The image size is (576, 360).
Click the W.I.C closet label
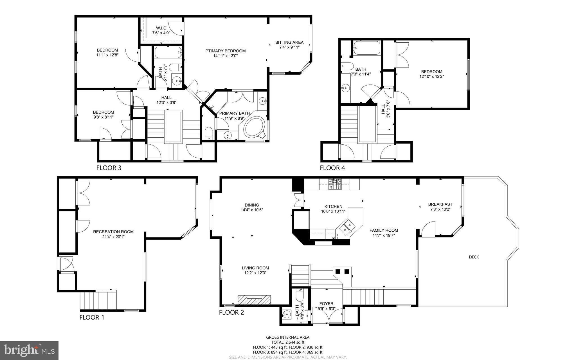[161, 28]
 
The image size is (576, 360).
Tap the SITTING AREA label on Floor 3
[289, 43]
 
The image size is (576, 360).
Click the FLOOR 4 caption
[332, 168]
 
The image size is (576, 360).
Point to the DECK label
[474, 257]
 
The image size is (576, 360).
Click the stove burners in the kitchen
[335, 184]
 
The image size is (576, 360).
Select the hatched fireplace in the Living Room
[254, 300]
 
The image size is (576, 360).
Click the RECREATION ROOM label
[113, 232]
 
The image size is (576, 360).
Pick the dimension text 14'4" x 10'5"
[252, 210]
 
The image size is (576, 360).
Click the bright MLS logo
[29, 350]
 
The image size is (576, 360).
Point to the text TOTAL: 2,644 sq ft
[287, 342]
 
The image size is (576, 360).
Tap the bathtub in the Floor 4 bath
[367, 48]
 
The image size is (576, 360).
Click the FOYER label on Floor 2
[326, 304]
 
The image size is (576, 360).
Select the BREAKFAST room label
[440, 204]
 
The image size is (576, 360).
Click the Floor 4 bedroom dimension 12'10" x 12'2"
[431, 76]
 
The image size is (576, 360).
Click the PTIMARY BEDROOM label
[225, 51]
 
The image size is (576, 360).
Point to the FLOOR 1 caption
[92, 317]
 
